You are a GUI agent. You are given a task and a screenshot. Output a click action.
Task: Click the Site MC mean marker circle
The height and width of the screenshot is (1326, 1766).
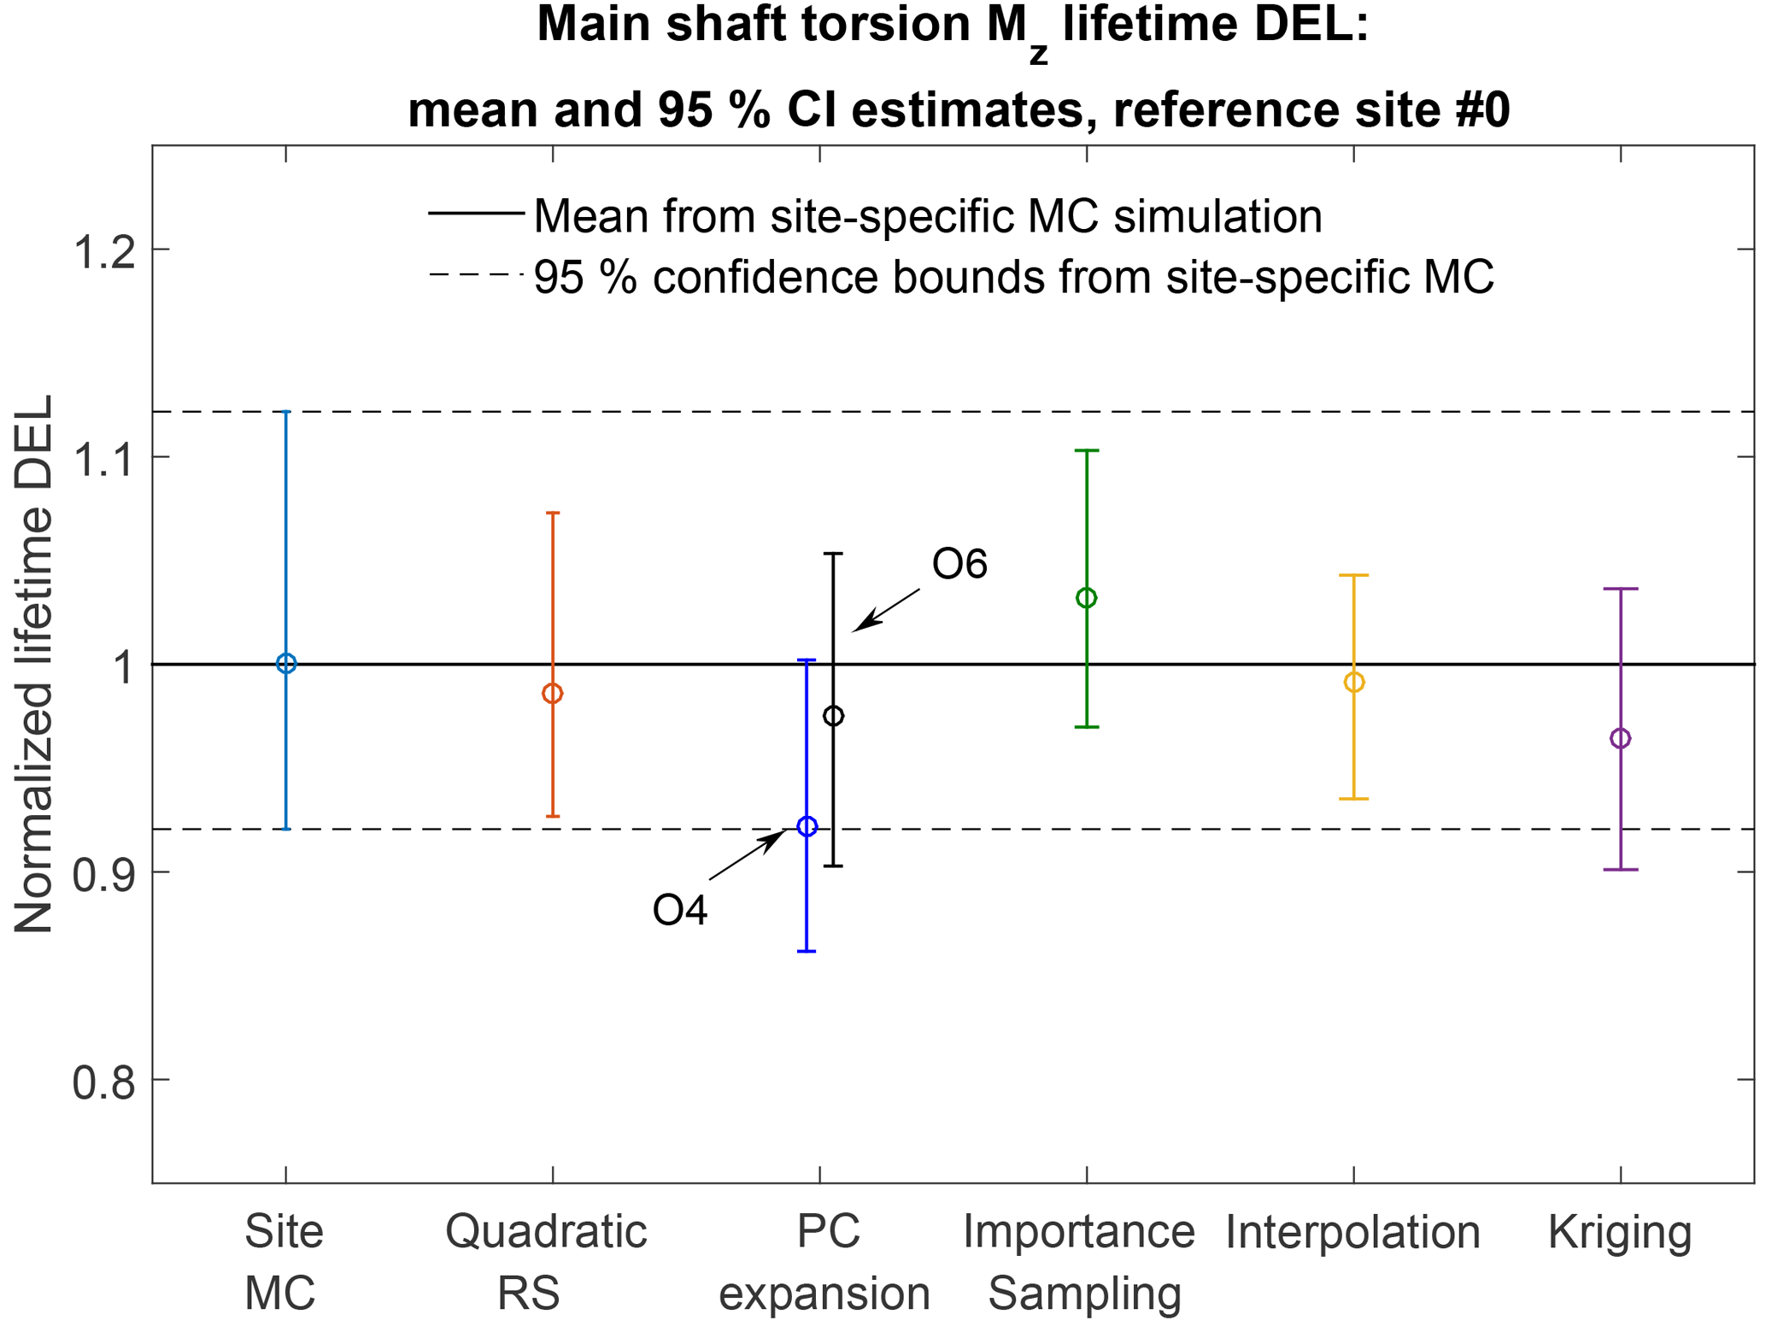[286, 664]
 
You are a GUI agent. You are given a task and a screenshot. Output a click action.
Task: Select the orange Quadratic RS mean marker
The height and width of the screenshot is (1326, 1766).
[553, 694]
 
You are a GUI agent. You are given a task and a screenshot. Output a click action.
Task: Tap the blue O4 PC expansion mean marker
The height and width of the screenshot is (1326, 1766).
[807, 826]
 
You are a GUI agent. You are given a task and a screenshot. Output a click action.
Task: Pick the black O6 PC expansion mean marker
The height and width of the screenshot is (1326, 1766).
[833, 716]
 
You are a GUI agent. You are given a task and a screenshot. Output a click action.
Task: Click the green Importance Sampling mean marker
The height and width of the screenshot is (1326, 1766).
[1086, 598]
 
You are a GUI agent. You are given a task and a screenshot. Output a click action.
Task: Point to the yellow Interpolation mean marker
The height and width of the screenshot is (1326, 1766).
[1353, 683]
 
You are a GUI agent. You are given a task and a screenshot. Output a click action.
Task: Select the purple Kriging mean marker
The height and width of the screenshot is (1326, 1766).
[1620, 738]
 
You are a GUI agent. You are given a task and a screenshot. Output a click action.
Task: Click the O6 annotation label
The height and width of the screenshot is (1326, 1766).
[959, 565]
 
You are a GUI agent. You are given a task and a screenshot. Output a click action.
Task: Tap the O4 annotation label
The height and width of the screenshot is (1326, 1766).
[680, 911]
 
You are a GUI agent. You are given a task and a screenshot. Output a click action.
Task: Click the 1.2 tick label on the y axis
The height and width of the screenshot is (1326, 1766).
[104, 252]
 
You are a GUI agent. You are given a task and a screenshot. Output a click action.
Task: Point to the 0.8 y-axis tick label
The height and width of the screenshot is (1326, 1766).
[104, 1083]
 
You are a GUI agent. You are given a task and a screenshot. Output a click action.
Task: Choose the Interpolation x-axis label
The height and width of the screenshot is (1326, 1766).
[1352, 1233]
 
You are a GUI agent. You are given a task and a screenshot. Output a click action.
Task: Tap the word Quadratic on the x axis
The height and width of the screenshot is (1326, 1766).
[546, 1233]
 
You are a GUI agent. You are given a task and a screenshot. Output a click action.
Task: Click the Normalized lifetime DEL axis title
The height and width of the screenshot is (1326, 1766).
[34, 664]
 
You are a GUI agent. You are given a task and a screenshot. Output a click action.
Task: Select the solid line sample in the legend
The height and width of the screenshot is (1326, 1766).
[476, 213]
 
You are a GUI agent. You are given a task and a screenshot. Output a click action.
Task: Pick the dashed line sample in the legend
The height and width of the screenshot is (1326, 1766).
[476, 274]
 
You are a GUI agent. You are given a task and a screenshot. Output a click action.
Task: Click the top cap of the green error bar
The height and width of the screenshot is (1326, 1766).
[1086, 450]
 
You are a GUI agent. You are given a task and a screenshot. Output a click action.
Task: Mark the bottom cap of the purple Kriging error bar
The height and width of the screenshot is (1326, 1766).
[1620, 870]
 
